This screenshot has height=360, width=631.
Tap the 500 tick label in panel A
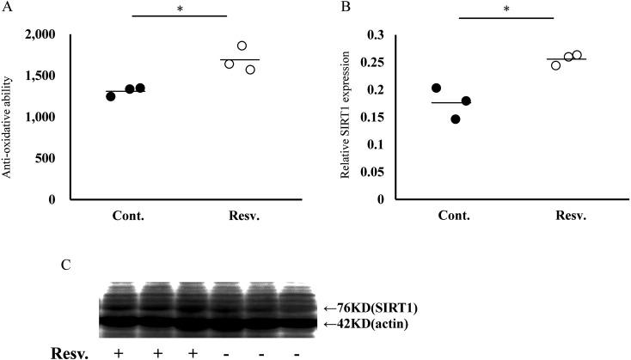(x=45, y=158)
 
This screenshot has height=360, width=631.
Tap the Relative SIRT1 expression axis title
(x=344, y=117)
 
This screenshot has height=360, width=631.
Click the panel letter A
(x=7, y=6)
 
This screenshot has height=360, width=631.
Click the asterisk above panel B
(x=507, y=9)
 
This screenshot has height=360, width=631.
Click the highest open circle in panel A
(x=242, y=46)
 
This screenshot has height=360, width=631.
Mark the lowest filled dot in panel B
(x=455, y=119)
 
